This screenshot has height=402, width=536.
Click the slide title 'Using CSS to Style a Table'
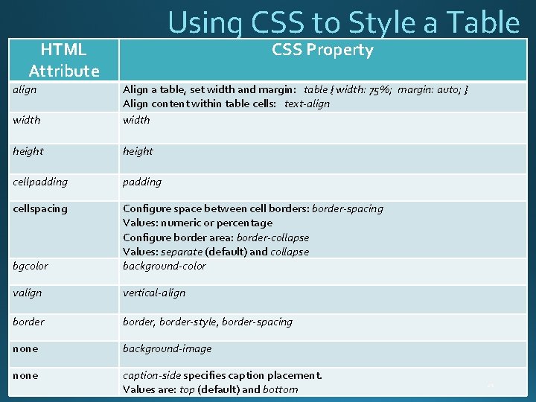coord(343,22)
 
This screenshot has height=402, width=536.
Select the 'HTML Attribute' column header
coord(63,60)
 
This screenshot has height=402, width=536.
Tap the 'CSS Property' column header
coord(322,50)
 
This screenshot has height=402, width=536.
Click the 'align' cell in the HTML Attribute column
coord(25,89)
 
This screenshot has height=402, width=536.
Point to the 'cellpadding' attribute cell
coord(40,182)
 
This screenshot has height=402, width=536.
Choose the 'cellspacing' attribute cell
coord(40,208)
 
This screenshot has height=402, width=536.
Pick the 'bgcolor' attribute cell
coord(31,266)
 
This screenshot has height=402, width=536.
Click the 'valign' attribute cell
coord(28,293)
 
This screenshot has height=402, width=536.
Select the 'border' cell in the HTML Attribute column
coord(28,322)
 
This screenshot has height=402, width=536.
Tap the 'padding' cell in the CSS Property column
coord(142,182)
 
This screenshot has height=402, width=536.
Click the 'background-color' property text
coord(165,266)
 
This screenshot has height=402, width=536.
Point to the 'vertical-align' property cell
coord(154,293)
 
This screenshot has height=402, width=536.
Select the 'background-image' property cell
coord(167,348)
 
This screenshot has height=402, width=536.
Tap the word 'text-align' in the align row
coord(307,103)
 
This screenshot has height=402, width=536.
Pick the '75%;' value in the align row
coord(380,90)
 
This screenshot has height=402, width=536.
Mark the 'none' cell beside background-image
coord(25,348)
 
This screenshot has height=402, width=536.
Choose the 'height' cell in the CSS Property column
coord(138,151)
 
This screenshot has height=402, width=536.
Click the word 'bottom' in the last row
coord(281,389)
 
